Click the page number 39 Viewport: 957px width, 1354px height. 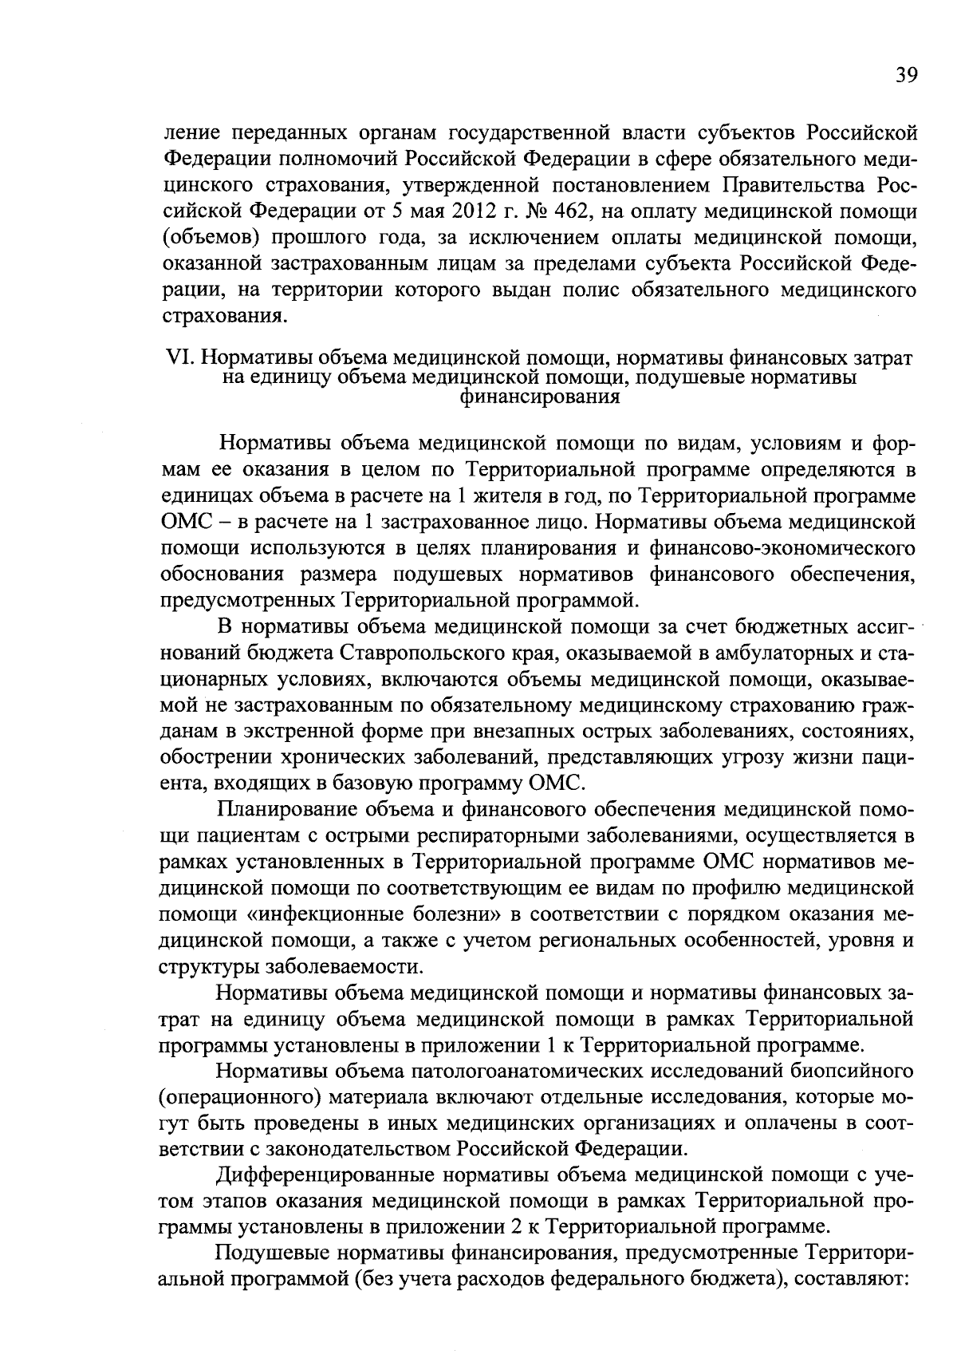pyautogui.click(x=904, y=76)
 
